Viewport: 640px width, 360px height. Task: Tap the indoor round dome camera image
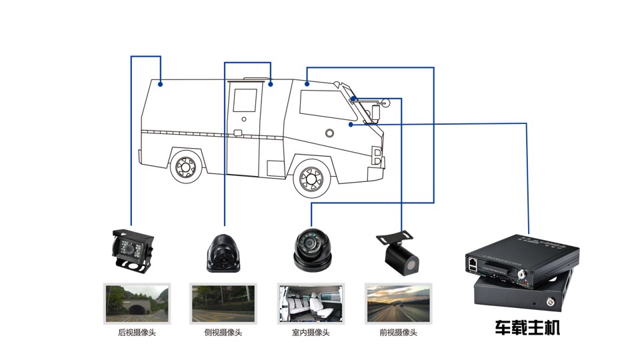[311, 250]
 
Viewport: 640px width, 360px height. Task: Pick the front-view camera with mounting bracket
[398, 251]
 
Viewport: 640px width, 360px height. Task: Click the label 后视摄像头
[136, 332]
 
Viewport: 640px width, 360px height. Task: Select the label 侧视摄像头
[223, 332]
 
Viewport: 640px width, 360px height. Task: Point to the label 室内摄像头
[311, 332]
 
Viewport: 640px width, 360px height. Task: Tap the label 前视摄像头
[398, 332]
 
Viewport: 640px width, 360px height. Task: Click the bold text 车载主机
[527, 328]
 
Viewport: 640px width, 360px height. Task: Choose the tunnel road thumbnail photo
[137, 303]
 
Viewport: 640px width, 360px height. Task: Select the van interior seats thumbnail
[311, 303]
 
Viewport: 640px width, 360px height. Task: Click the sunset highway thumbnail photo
[398, 303]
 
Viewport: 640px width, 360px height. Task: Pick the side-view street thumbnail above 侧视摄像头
[223, 303]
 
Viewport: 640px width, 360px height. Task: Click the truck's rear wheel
[186, 167]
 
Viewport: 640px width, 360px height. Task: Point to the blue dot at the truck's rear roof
[160, 84]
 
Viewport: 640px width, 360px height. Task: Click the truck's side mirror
[376, 111]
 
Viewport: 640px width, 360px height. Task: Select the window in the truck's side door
[244, 100]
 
